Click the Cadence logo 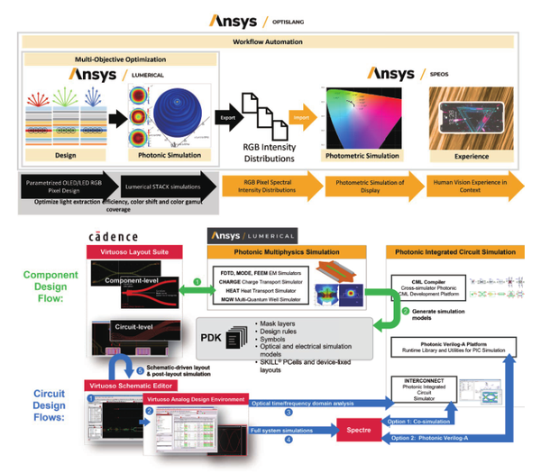pyautogui.click(x=113, y=236)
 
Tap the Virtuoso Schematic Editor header pyautogui.click(x=128, y=385)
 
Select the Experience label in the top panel pyautogui.click(x=470, y=155)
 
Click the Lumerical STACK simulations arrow pyautogui.click(x=150, y=184)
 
